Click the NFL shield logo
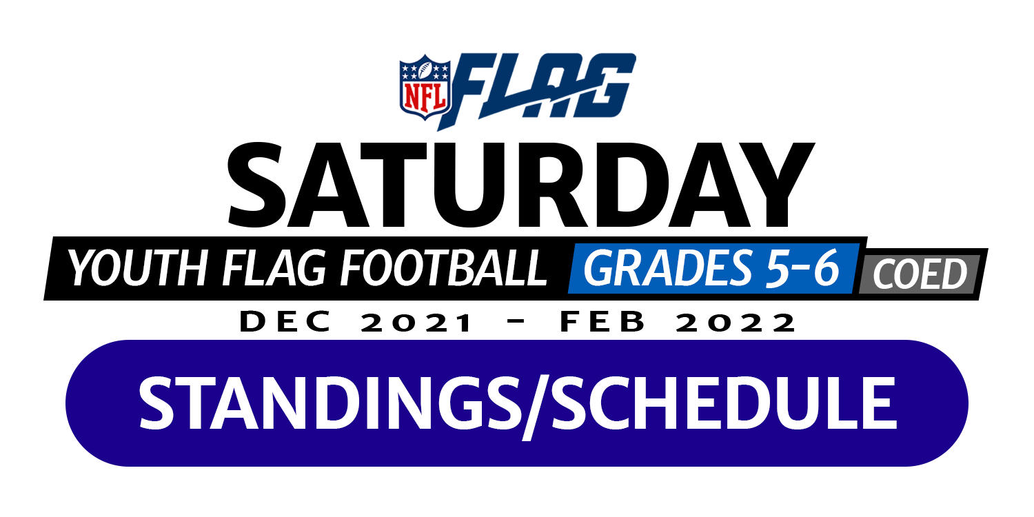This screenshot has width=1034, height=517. click(x=425, y=87)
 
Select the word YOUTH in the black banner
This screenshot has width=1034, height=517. click(x=138, y=267)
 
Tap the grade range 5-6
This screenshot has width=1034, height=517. click(x=802, y=268)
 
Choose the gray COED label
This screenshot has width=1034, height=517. click(x=920, y=274)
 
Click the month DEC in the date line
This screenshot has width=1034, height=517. click(x=285, y=321)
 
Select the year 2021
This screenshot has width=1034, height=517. click(x=416, y=322)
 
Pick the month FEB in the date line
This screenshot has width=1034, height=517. click(x=602, y=321)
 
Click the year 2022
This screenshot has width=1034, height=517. click(x=736, y=322)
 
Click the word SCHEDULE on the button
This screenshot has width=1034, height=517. click(x=724, y=403)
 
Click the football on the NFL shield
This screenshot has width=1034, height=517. click(x=425, y=70)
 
